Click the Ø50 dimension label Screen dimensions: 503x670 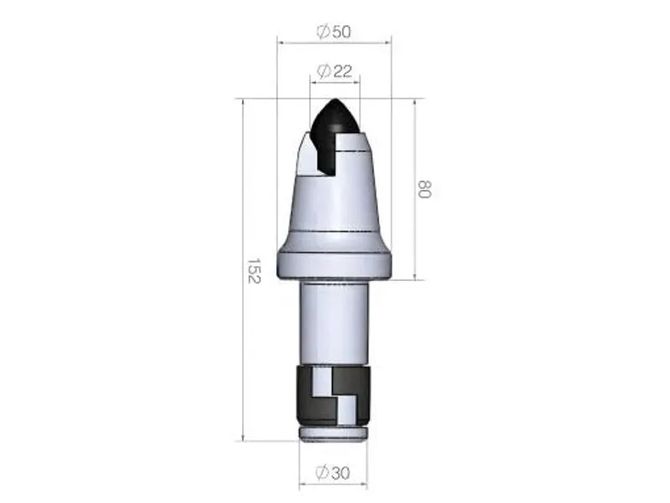point(333,31)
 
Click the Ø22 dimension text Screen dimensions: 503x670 point(334,72)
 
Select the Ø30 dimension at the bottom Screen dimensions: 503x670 point(334,473)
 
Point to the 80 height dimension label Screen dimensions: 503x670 point(424,188)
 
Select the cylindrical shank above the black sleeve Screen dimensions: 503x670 point(334,323)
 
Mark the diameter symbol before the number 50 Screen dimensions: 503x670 point(322,31)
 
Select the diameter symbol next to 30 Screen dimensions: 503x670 point(322,473)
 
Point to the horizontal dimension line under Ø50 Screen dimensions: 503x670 point(335,42)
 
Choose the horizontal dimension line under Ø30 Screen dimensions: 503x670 point(334,484)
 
